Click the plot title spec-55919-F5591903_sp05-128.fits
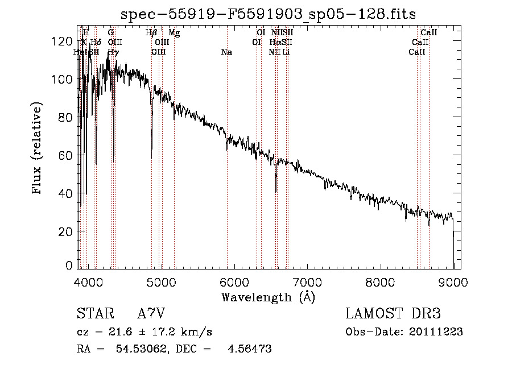[269, 13]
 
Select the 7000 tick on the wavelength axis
[308, 281]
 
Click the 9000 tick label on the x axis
[453, 281]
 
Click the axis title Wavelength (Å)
[268, 297]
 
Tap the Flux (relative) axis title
[38, 149]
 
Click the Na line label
[226, 52]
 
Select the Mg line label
[174, 33]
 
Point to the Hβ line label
[151, 33]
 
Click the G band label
[111, 33]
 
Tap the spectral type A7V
[151, 314]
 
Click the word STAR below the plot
[94, 314]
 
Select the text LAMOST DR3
[393, 314]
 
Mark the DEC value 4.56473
[249, 349]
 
